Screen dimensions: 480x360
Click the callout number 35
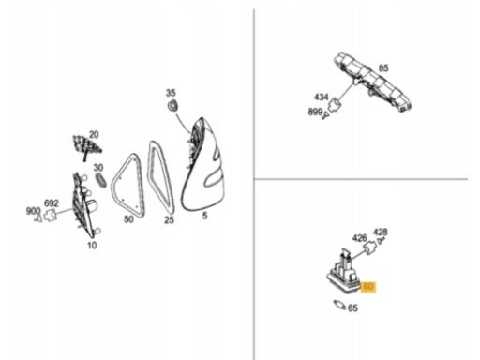pyautogui.click(x=171, y=93)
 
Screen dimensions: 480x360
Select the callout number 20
pyautogui.click(x=94, y=135)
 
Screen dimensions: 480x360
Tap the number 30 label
pyautogui.click(x=98, y=168)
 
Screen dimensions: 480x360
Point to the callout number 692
pyautogui.click(x=52, y=203)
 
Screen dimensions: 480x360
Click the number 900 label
pyautogui.click(x=33, y=211)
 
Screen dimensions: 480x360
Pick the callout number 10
pyautogui.click(x=92, y=246)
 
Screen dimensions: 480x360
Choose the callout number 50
pyautogui.click(x=128, y=219)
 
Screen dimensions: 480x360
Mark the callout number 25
pyautogui.click(x=169, y=220)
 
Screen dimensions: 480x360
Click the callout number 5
pyautogui.click(x=204, y=216)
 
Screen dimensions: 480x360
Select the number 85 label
pyautogui.click(x=383, y=68)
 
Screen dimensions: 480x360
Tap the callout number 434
pyautogui.click(x=322, y=97)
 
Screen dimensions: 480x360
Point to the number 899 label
pyautogui.click(x=315, y=112)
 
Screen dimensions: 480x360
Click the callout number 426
pyautogui.click(x=359, y=238)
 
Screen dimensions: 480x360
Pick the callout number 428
pyautogui.click(x=381, y=232)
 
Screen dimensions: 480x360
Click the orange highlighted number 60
pyautogui.click(x=368, y=287)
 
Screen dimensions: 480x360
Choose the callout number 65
pyautogui.click(x=352, y=308)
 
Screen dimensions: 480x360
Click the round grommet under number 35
pyautogui.click(x=172, y=105)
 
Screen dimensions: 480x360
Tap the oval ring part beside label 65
pyautogui.click(x=339, y=305)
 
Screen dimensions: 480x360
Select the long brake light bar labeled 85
pyautogui.click(x=372, y=82)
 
